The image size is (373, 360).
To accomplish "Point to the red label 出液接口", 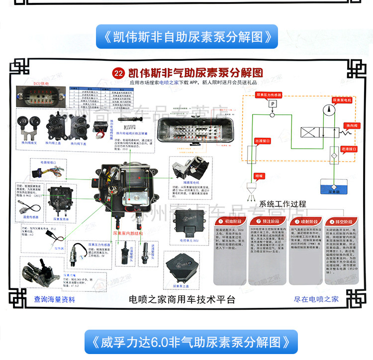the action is pyautogui.click(x=263, y=141).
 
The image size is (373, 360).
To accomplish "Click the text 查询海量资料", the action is pyautogui.click(x=55, y=299).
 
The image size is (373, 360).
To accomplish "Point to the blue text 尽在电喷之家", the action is pyautogui.click(x=316, y=299).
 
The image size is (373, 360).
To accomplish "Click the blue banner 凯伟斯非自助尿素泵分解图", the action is pyautogui.click(x=186, y=37).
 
